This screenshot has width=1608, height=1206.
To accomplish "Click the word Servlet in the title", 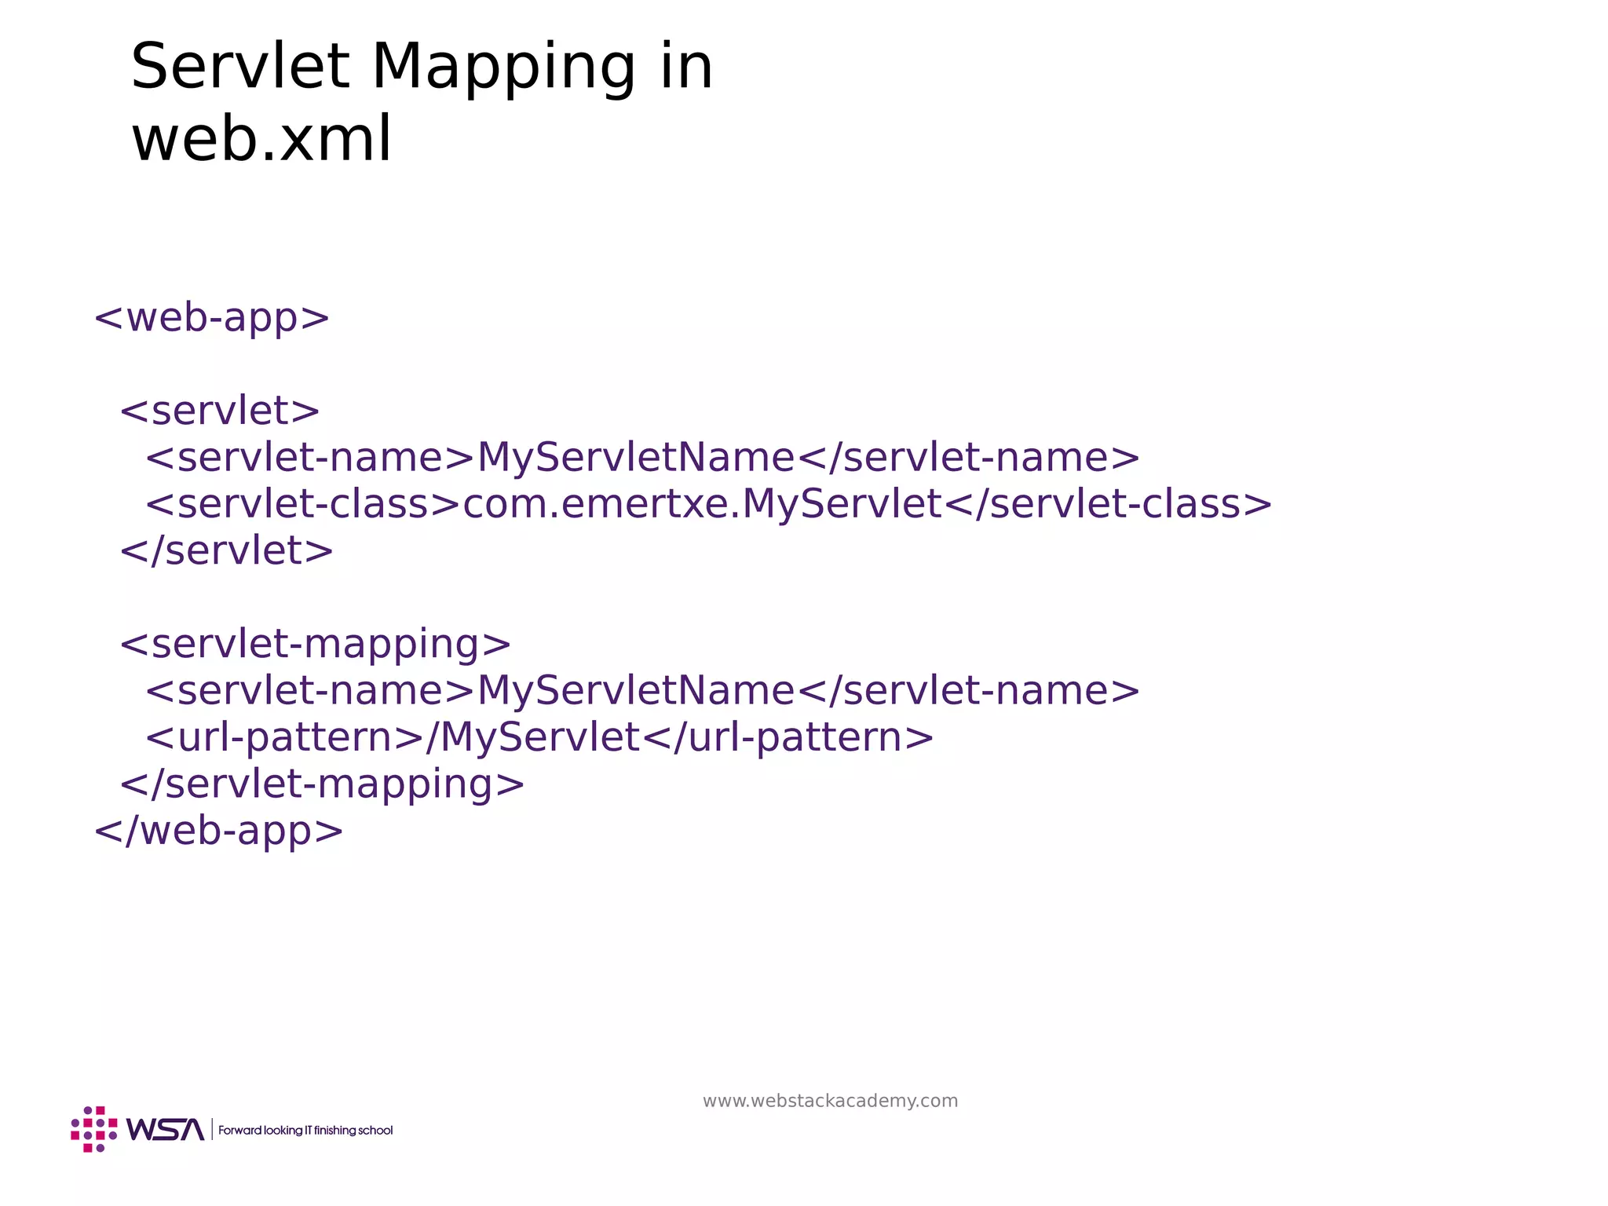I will point(239,68).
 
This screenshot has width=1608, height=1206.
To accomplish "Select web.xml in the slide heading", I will point(261,140).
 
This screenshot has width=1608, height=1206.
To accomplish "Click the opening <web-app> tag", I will point(212,318).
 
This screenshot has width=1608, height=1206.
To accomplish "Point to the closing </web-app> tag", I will point(218,831).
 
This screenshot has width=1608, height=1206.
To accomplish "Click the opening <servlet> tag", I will point(220,411).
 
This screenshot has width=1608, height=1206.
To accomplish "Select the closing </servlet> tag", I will point(226,550).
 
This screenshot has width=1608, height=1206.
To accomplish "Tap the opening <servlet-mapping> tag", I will point(315,644).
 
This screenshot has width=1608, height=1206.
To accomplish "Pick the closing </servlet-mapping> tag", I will point(322,784).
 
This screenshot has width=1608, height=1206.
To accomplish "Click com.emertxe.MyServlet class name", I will point(702,504).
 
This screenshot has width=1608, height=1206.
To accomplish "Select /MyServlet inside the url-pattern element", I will point(533,737).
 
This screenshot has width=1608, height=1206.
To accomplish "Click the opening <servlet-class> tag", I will point(303,504).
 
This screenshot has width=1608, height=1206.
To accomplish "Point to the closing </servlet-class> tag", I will point(1107,504).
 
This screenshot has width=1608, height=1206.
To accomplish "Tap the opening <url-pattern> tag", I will point(285,737).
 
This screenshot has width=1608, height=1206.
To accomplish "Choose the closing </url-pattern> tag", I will point(788,737).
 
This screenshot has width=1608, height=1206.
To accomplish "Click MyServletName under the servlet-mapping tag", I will point(636,691).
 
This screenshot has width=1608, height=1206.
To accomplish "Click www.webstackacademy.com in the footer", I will point(830,1101).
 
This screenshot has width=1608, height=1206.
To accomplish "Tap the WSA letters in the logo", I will point(165,1130).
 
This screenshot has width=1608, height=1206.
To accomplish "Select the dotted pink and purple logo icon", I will point(94,1129).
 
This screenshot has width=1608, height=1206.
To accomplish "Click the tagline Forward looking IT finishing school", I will point(305,1131).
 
